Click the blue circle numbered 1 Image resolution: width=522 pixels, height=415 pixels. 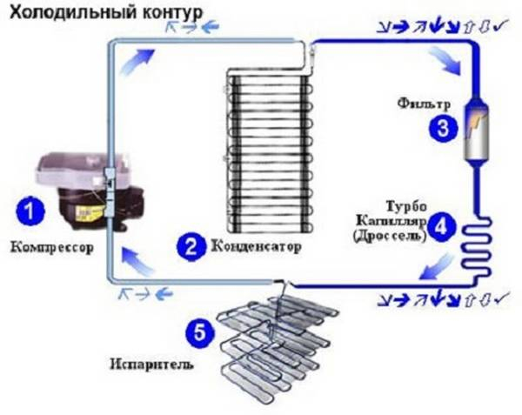[x=30, y=211]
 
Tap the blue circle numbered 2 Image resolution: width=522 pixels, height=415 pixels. [x=191, y=246]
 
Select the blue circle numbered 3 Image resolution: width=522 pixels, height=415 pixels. [x=443, y=128]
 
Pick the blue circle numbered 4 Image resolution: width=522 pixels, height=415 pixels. [x=441, y=227]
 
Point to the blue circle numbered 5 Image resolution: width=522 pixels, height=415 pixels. [x=200, y=331]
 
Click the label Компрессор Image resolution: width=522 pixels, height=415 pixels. [x=52, y=247]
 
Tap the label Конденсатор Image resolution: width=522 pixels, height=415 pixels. [x=257, y=246]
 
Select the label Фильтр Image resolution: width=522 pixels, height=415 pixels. [x=424, y=104]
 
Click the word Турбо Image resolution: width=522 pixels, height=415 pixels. [x=406, y=206]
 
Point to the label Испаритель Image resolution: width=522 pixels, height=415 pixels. [x=151, y=364]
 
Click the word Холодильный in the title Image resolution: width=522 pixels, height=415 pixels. [x=73, y=13]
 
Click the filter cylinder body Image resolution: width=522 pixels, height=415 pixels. [x=477, y=131]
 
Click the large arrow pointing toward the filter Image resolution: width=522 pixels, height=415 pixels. [x=445, y=60]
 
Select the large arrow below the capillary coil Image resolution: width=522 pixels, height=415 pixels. [x=436, y=266]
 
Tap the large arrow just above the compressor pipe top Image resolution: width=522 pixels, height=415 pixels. [x=137, y=63]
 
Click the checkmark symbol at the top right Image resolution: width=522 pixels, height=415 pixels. [x=501, y=26]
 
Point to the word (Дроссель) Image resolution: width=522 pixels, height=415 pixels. [x=390, y=236]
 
